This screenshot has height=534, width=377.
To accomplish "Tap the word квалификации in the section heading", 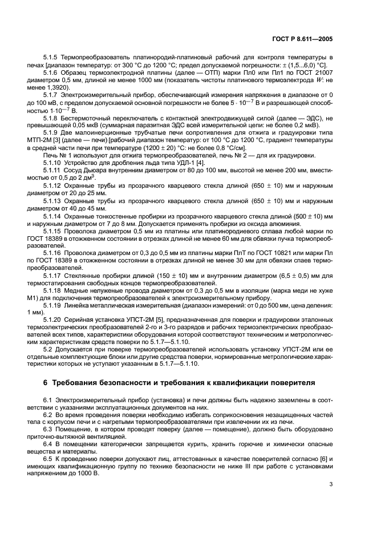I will click(x=241, y=382).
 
